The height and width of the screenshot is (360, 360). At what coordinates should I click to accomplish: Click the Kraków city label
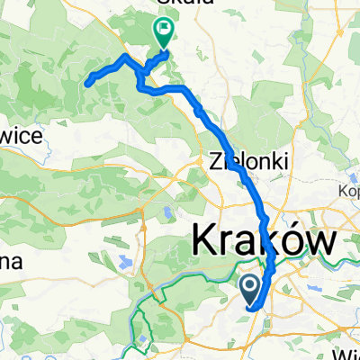click(x=262, y=242)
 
